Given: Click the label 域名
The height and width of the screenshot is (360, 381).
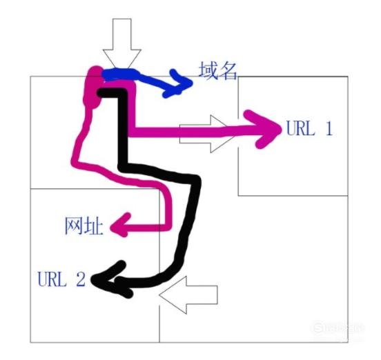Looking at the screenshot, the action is [217, 70].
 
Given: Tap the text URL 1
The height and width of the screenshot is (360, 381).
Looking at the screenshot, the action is [309, 128].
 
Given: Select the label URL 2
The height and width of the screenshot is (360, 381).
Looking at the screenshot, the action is [61, 279].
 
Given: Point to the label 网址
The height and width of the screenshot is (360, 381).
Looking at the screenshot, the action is [84, 226].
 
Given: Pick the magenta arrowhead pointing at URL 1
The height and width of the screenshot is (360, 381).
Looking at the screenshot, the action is [265, 130].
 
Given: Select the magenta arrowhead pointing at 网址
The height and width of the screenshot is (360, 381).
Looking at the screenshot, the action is [120, 226].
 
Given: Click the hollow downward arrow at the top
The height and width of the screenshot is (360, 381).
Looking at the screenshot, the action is [121, 43].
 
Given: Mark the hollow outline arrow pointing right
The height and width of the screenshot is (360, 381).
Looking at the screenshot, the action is [208, 134].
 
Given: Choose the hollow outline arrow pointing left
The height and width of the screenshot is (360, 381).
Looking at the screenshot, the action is [188, 295].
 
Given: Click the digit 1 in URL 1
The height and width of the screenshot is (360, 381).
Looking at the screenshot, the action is [329, 128].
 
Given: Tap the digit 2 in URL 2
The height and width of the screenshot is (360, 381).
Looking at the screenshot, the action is [81, 279].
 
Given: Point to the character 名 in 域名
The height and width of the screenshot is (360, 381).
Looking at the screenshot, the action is [228, 71].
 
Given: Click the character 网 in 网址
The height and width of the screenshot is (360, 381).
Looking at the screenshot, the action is [73, 226].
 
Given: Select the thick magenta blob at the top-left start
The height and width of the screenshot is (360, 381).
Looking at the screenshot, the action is [93, 88].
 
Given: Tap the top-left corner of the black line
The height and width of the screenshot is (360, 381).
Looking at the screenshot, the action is [99, 92].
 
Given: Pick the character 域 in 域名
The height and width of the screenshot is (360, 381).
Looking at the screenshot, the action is [208, 70].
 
